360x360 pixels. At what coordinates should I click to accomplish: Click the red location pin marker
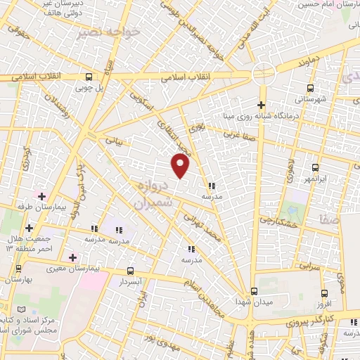point(181,165)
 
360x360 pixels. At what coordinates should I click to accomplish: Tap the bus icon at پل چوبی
point(89,77)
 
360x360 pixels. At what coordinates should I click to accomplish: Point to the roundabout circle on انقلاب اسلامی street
point(264,73)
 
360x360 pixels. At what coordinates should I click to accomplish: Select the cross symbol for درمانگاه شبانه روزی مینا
point(260,105)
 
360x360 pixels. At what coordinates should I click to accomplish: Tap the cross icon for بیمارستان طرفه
point(41,196)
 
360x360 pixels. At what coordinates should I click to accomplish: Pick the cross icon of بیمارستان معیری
point(72,257)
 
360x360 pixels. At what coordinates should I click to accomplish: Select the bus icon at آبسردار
point(131,270)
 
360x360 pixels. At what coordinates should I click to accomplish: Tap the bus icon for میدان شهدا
point(255,291)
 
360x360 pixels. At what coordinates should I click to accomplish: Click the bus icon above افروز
point(324,293)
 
